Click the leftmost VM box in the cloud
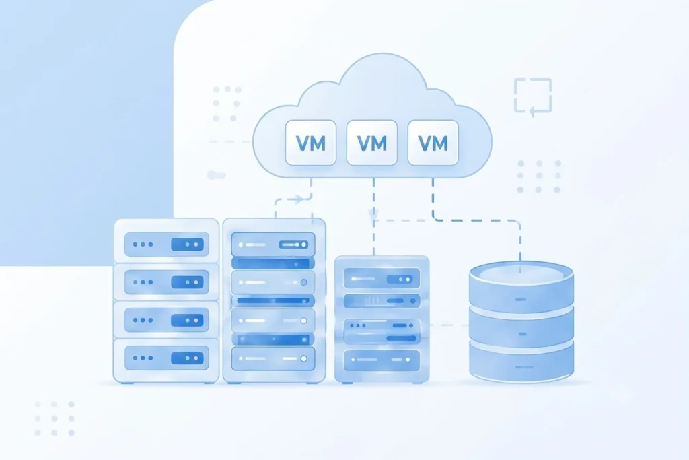[311, 143]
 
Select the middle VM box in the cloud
[371, 143]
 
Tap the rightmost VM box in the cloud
[433, 143]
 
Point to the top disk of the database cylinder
[521, 286]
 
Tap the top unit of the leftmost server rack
[166, 244]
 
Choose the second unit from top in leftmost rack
[166, 282]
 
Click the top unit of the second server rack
[273, 244]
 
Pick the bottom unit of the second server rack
[273, 358]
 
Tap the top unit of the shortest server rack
[382, 279]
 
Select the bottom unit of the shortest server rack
[382, 360]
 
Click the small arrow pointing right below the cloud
[298, 199]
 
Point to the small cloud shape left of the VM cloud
[216, 176]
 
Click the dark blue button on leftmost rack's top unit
[187, 244]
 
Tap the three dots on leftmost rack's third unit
[143, 320]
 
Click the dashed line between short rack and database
[449, 325]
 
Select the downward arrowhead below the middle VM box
[373, 215]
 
